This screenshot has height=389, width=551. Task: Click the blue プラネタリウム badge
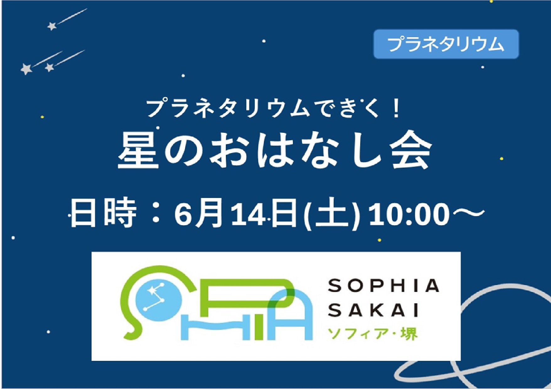pyautogui.click(x=446, y=44)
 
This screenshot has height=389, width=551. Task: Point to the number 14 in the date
pyautogui.click(x=249, y=215)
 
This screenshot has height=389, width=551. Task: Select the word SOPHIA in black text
pyautogui.click(x=383, y=286)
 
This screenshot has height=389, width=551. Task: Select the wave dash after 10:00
pyautogui.click(x=467, y=213)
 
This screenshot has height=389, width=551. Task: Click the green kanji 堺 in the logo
pyautogui.click(x=409, y=334)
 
